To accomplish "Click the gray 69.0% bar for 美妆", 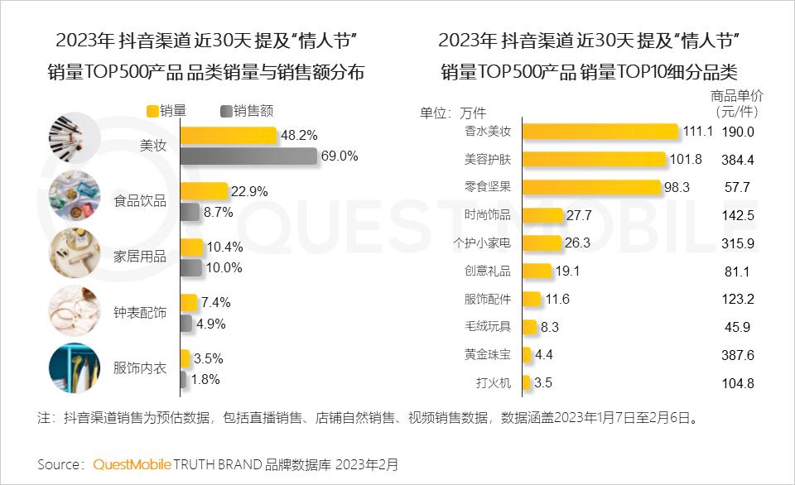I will pos(248,156).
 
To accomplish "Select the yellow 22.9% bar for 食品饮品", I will pos(203,191).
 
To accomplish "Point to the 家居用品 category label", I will pos(140,257).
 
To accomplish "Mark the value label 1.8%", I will pos(206,380).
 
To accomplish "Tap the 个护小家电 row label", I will pos(483,242).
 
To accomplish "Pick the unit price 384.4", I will pos(739,160).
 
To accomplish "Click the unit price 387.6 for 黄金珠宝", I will pos(739,355).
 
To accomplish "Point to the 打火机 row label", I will pos(494,383).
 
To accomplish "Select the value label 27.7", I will pos(580,215).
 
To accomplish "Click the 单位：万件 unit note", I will pos(453,113).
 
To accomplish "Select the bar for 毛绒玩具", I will pos(529,327).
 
